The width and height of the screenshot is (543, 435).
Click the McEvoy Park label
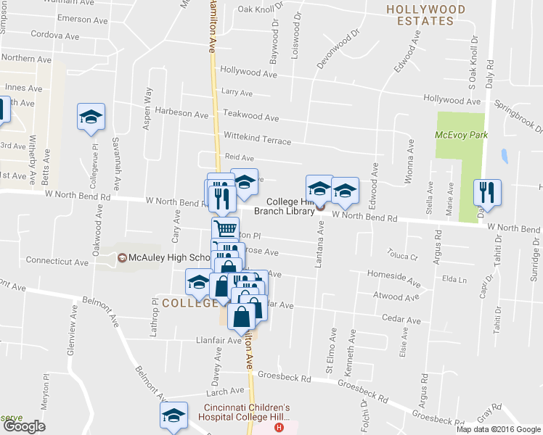pyautogui.click(x=461, y=135)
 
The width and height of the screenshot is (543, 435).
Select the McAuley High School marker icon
pyautogui.click(x=122, y=257)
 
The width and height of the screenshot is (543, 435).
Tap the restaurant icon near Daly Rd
pyautogui.click(x=487, y=191)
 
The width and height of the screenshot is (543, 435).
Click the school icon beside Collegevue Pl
pyautogui.click(x=91, y=116)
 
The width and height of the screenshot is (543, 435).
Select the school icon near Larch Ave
pyautogui.click(x=173, y=417)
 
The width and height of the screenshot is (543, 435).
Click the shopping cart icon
pyautogui.click(x=226, y=229)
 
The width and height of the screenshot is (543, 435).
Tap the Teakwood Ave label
pyautogui.click(x=250, y=116)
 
